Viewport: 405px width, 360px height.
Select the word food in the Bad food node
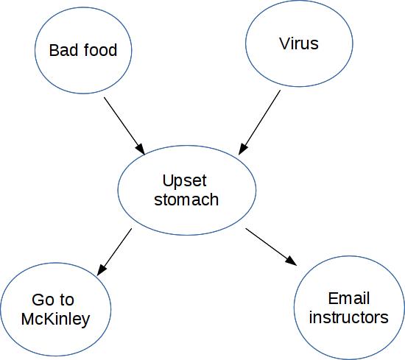point(100,49)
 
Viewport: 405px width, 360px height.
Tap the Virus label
point(299,43)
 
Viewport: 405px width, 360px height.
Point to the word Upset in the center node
point(184,181)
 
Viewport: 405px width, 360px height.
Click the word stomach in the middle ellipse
point(186,200)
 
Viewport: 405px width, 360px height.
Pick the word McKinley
point(55,320)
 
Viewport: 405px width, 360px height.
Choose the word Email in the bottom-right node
point(349,298)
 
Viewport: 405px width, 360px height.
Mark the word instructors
point(349,317)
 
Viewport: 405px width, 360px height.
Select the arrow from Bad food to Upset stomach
point(124,126)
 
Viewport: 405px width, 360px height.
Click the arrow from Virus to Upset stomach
point(259,122)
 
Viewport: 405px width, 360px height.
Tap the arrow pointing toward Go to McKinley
point(114,252)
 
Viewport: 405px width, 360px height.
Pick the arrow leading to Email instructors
point(271,247)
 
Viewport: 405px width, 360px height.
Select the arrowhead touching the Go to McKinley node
point(102,269)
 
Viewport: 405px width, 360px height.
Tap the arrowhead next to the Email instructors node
point(292,261)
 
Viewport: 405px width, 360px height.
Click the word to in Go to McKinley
point(67,300)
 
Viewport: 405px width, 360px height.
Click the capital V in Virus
point(285,43)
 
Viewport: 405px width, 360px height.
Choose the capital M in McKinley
point(27,319)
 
